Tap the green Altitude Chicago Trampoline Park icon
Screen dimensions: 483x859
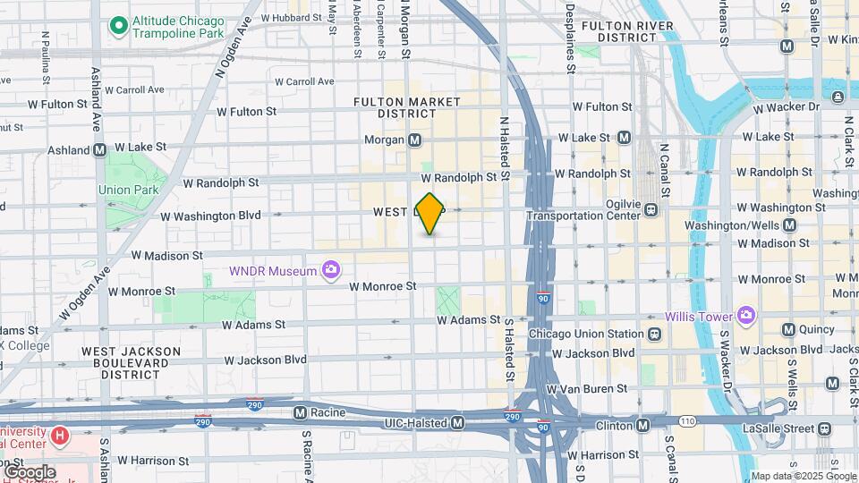117,27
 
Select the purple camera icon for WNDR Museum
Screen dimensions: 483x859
331,269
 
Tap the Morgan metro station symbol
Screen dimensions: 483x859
415,140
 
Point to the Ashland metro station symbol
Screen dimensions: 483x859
99,150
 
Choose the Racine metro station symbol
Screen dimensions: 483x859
302,414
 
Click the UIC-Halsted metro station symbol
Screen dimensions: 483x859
457,421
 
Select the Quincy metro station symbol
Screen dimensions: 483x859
788,329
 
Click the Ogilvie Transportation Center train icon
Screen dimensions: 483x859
651,210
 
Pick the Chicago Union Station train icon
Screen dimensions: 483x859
655,334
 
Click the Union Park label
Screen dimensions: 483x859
128,190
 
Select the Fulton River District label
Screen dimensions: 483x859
626,32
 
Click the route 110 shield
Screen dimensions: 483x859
686,419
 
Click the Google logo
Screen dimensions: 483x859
30,471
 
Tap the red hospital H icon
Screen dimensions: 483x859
60,436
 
